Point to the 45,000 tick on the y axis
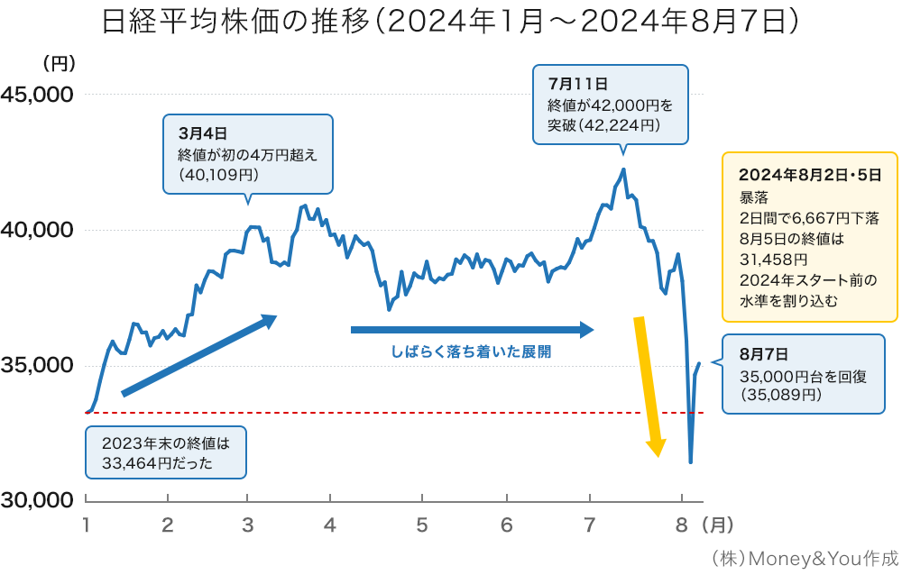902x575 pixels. click(x=37, y=95)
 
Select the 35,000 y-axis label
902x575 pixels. click(x=37, y=365)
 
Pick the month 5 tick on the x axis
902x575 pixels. click(x=422, y=524)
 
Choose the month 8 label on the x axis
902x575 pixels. click(x=682, y=524)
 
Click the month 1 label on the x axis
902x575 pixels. click(x=86, y=524)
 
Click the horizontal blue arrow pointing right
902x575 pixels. click(x=472, y=330)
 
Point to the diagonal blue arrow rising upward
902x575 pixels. click(x=198, y=355)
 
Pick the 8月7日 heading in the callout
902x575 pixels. click(x=763, y=354)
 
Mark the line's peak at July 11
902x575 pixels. click(x=623, y=169)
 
